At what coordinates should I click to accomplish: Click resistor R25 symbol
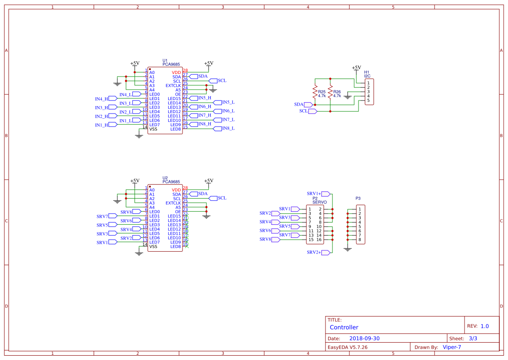click(315, 92)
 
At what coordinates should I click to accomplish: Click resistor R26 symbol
click(330, 92)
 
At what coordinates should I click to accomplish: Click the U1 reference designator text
click(165, 60)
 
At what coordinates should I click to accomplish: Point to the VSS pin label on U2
click(153, 247)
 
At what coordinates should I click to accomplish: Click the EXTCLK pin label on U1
click(173, 86)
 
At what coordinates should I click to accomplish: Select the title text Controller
click(344, 327)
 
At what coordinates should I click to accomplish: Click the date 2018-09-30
click(365, 338)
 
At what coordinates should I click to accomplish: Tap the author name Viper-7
click(452, 347)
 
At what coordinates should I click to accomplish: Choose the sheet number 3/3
click(473, 338)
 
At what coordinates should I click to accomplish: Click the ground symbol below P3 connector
click(347, 249)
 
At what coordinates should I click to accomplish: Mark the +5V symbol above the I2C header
click(356, 68)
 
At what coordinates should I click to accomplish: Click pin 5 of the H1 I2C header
click(368, 100)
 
